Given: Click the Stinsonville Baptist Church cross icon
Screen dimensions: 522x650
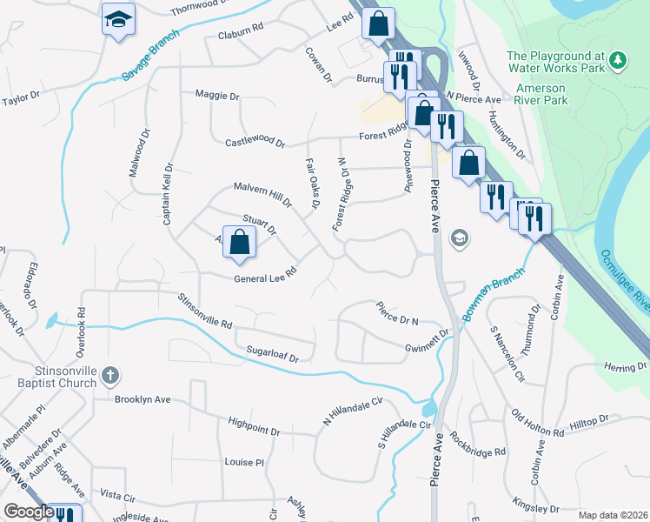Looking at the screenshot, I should [x=109, y=376].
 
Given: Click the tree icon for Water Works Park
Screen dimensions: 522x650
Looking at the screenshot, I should [x=618, y=60].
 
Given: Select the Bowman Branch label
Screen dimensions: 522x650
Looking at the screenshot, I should [x=494, y=294].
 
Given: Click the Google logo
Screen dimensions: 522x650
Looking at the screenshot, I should [x=28, y=512].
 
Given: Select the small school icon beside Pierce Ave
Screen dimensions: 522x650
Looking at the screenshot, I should [x=459, y=238].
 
